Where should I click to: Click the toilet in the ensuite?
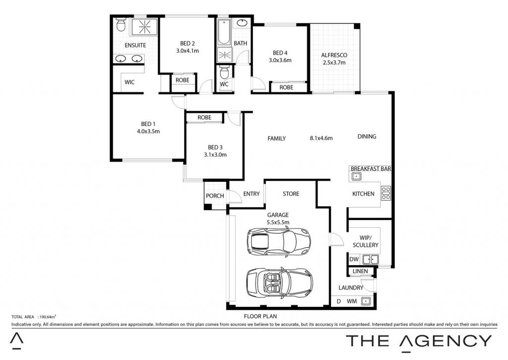pos(121,25)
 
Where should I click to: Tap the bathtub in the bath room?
pos(224,32)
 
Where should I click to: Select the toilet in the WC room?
pos(224,72)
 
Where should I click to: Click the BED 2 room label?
pos(187,44)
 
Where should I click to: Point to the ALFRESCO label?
pos(334,55)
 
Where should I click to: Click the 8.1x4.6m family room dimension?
pos(321,138)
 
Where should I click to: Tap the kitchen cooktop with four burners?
pos(386,193)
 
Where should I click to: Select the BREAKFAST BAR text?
pos(371,169)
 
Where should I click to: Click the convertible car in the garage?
pos(280,282)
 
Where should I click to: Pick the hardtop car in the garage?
pos(279,242)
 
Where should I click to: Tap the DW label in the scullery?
pos(354,260)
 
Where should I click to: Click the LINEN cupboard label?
pos(360,271)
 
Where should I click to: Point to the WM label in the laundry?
pos(352,301)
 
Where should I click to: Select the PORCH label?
pos(215,196)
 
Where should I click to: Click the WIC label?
pos(129,82)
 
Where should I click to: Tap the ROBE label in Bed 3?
pos(204,118)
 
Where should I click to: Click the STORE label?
pos(291,194)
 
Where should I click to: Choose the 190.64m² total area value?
pos(48,317)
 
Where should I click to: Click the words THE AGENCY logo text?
pos(419,341)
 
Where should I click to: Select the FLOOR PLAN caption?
pos(260,316)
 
